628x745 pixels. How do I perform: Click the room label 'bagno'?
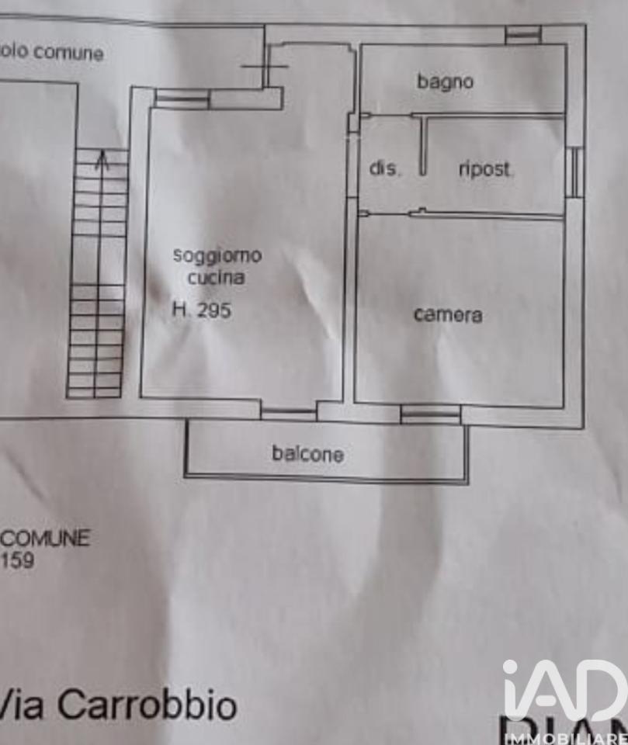tap(445, 81)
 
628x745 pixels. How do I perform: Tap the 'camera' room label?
tap(448, 314)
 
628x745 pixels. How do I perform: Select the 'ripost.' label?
tap(485, 169)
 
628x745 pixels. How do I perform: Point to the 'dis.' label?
tap(384, 168)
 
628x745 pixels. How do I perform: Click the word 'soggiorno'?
tap(217, 255)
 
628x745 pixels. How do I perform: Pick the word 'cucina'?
tap(216, 277)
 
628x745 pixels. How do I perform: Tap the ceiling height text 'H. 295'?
tap(202, 310)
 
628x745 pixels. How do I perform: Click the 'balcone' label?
tap(307, 453)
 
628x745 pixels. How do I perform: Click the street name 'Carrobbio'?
tap(147, 705)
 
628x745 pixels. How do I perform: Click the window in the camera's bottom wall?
tap(431, 414)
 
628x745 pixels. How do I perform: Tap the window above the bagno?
tap(523, 34)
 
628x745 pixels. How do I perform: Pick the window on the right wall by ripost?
tap(574, 172)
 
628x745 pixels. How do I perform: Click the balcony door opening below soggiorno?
tap(289, 414)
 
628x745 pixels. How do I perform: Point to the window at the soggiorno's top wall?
tap(182, 99)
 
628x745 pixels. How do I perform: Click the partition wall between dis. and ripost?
tap(423, 144)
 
